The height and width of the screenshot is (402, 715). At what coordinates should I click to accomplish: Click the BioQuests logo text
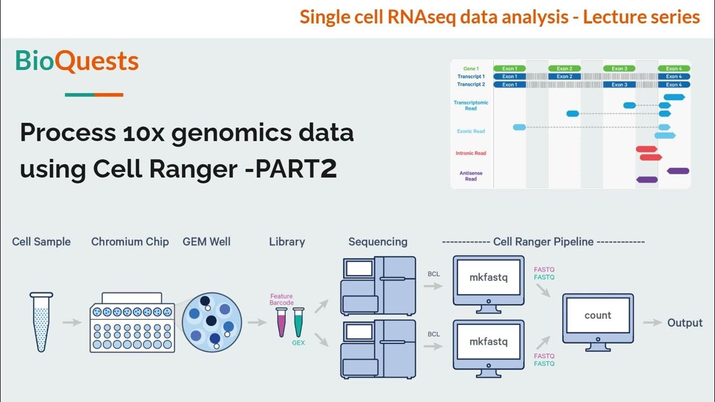[77, 61]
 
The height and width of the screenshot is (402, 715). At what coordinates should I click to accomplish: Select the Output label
[685, 323]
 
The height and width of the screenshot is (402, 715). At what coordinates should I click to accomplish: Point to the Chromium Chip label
[130, 242]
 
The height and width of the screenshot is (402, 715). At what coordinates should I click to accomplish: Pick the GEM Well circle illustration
[212, 322]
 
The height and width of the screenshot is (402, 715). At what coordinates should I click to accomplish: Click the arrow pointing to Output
[652, 323]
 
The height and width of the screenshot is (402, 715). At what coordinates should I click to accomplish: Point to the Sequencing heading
[378, 242]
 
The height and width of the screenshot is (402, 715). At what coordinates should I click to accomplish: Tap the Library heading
[287, 242]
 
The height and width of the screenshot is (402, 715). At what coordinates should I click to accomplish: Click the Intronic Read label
[471, 153]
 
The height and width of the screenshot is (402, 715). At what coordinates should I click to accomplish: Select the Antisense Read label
[471, 176]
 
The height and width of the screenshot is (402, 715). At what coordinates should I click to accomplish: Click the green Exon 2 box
[564, 69]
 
